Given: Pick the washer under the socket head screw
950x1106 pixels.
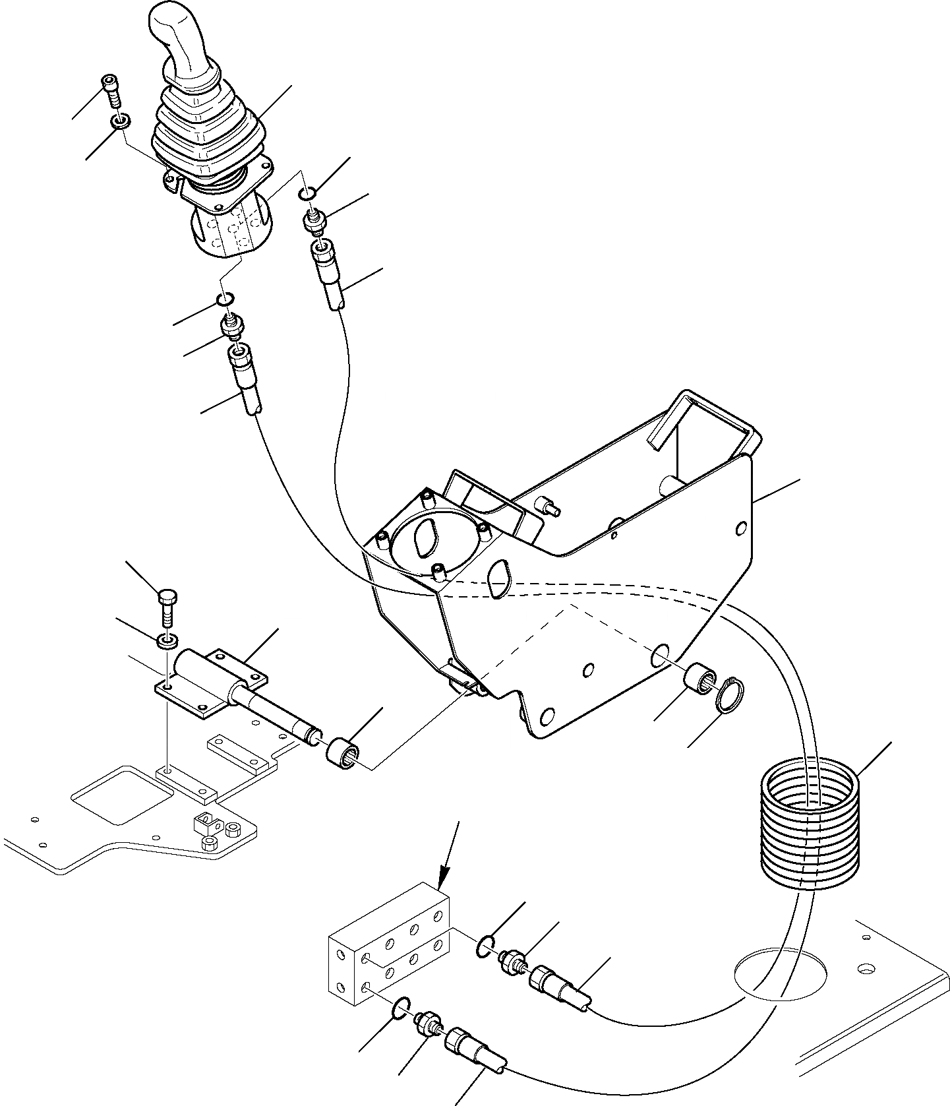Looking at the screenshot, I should tap(121, 121).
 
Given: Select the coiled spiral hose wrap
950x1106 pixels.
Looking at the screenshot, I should tap(810, 824).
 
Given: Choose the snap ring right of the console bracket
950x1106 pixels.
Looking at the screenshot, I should tap(730, 695).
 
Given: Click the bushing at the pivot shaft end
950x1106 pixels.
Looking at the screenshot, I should tap(343, 753).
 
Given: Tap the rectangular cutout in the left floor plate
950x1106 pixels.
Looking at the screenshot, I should tap(117, 794).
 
